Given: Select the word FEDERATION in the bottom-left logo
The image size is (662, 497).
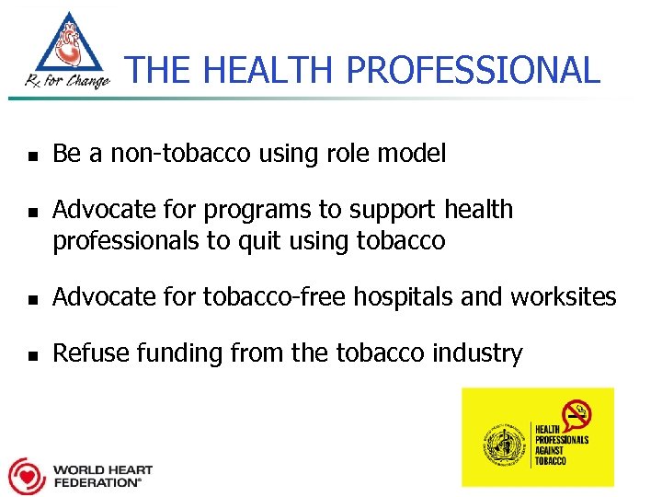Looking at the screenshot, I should point(97,482).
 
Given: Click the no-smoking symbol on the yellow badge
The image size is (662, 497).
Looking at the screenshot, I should point(577,414).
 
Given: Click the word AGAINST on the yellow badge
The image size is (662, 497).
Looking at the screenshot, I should point(551,452).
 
